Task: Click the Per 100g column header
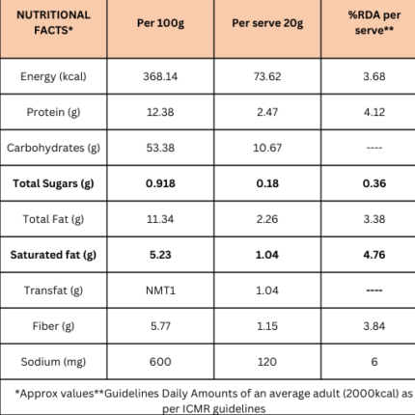[x=160, y=23]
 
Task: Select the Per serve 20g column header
[x=267, y=23]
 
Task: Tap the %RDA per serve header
[x=374, y=22]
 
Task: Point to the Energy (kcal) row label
[x=53, y=76]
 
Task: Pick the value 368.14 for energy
[x=160, y=76]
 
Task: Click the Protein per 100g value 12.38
[x=160, y=112]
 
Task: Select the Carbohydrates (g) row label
[x=53, y=148]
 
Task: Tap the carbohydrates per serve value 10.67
[x=267, y=148]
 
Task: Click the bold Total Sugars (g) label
[x=53, y=183]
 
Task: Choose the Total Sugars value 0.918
[x=160, y=183]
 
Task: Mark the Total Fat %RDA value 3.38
[x=374, y=219]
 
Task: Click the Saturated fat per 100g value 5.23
[x=160, y=255]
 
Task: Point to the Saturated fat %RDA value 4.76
[x=374, y=255]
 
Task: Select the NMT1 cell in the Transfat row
[x=160, y=290]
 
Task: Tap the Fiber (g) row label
[x=53, y=326]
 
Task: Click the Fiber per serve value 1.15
[x=267, y=326]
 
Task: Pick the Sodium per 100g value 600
[x=160, y=362]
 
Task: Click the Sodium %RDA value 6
[x=374, y=362]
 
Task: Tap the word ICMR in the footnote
[x=196, y=409]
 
